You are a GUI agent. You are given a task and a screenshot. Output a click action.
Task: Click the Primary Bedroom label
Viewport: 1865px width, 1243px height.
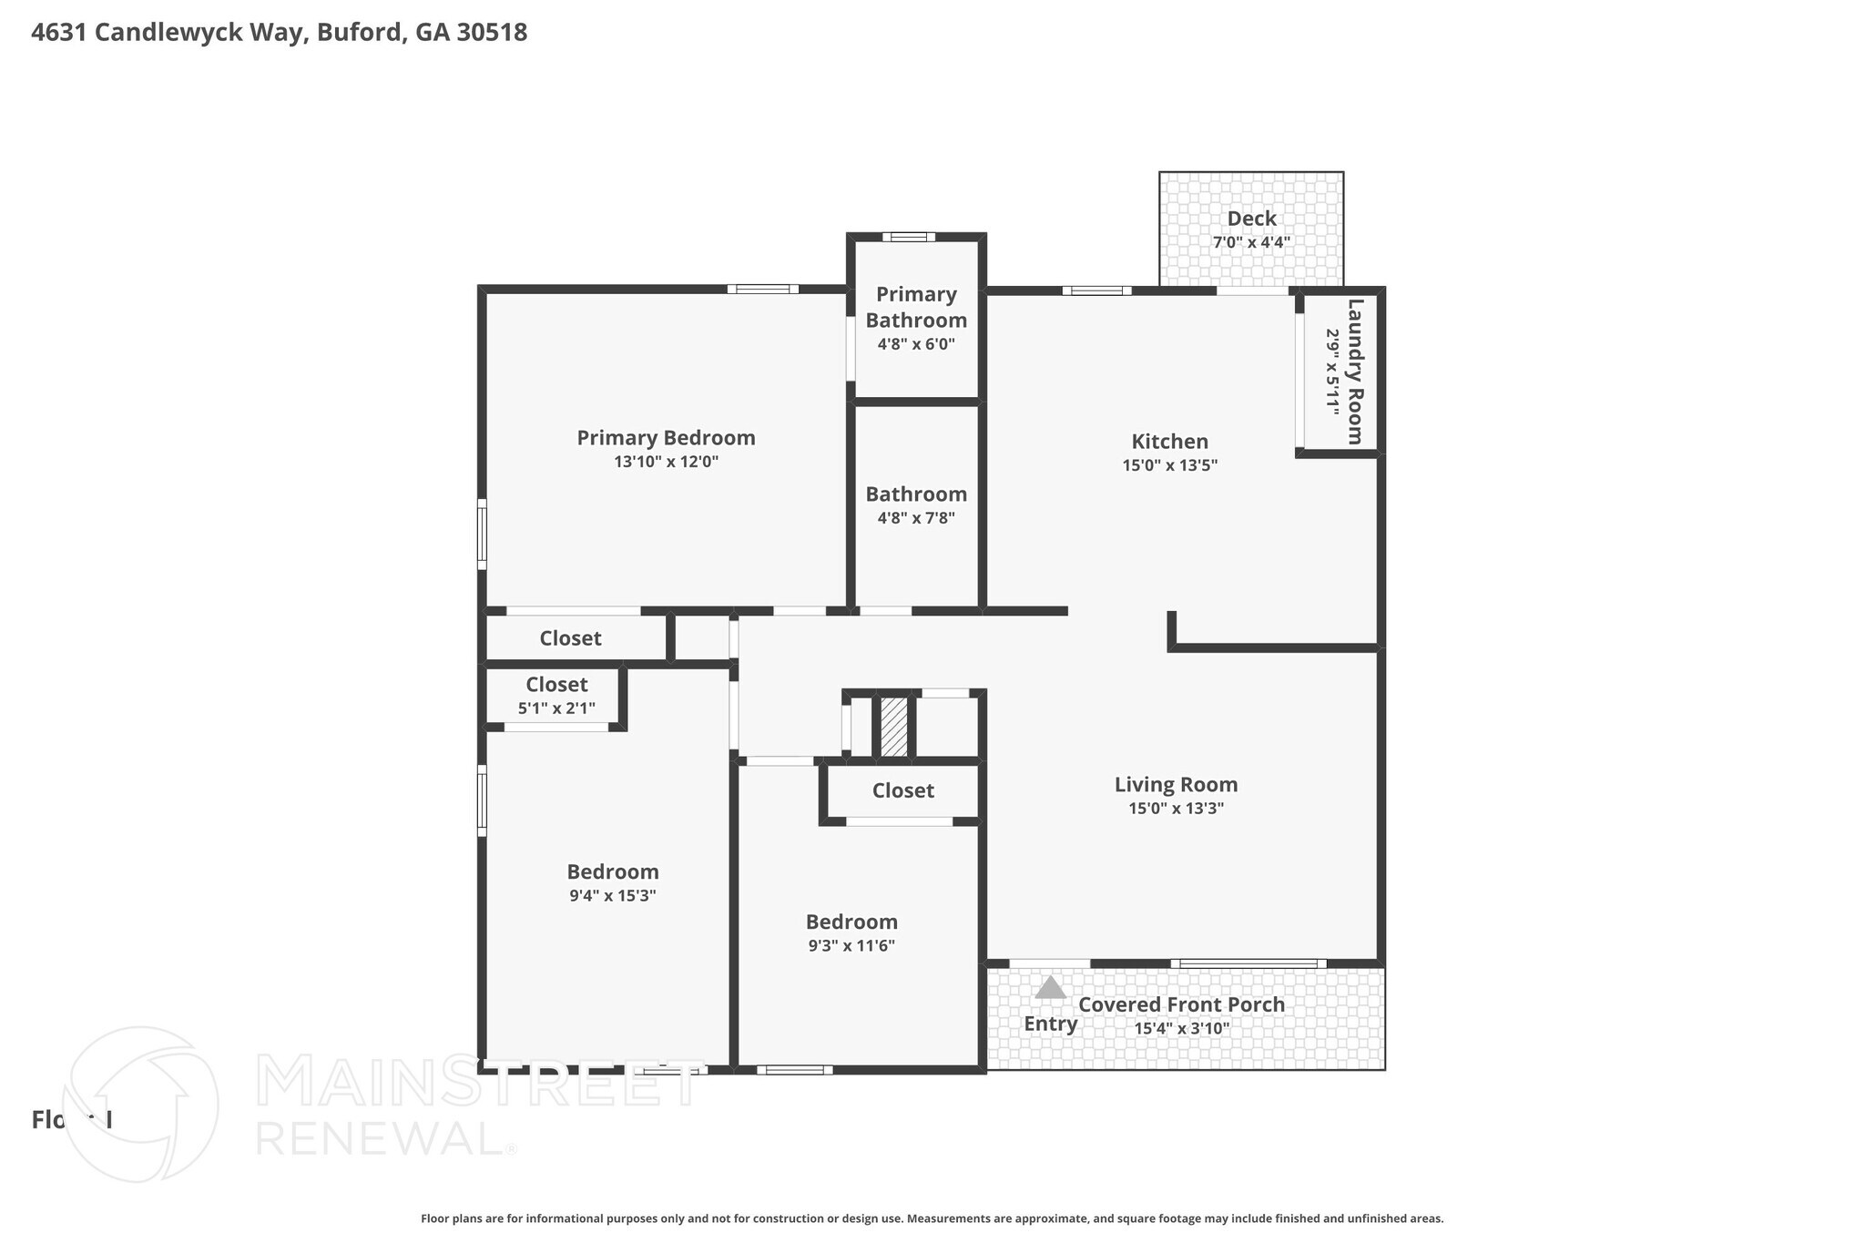click(x=666, y=438)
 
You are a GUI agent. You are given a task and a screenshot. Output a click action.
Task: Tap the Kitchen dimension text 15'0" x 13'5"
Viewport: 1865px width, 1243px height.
click(x=1169, y=465)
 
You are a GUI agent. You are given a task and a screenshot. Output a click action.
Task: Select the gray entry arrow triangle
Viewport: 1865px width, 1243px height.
click(x=1050, y=988)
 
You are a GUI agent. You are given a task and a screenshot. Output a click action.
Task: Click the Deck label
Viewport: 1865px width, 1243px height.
click(x=1251, y=219)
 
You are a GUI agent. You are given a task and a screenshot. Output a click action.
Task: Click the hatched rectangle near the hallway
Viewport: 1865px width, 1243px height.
click(x=894, y=727)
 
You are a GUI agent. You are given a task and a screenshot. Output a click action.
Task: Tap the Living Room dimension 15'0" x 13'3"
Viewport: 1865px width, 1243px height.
click(x=1176, y=809)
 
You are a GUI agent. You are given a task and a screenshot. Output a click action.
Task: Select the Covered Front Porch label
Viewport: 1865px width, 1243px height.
click(x=1181, y=1004)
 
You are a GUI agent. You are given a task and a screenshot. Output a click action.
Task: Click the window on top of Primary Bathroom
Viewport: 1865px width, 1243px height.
click(x=908, y=238)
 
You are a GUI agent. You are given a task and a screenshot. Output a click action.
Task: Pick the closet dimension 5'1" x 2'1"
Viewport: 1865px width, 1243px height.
click(x=556, y=708)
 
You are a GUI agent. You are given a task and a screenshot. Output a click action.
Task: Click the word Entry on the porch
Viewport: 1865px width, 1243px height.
click(x=1050, y=1024)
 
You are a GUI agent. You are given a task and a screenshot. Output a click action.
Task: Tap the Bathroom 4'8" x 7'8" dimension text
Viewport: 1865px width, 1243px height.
click(x=915, y=518)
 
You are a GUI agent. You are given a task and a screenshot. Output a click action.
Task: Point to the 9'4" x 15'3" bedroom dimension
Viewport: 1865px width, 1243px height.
click(x=612, y=896)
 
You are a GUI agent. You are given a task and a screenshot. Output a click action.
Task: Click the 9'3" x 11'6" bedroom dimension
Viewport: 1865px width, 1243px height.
click(x=851, y=946)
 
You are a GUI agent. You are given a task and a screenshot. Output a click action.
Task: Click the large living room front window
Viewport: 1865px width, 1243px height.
click(x=1248, y=963)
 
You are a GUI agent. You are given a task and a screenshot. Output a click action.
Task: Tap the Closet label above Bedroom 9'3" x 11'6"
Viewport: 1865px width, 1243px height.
click(x=902, y=790)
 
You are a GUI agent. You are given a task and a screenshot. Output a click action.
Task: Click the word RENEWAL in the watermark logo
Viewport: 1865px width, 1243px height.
click(x=378, y=1137)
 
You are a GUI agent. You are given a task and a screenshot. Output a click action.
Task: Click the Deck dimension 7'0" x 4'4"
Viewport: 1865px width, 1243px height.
click(x=1251, y=243)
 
